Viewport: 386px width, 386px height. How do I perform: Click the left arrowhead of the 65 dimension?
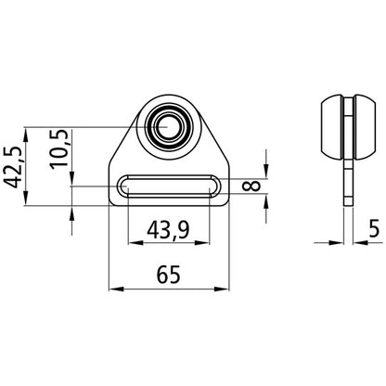116,288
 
